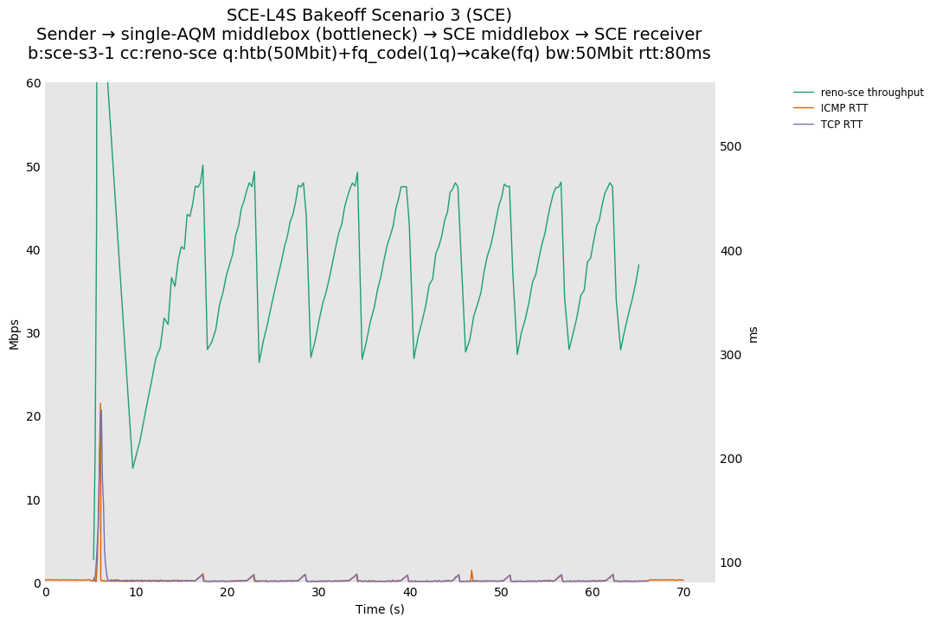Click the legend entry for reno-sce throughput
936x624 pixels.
tap(872, 93)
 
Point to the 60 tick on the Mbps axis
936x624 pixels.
tap(34, 83)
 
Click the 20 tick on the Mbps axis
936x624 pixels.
tap(34, 416)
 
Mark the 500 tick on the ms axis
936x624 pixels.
tap(732, 146)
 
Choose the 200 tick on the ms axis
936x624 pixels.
tap(732, 459)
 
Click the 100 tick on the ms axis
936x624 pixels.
tap(732, 563)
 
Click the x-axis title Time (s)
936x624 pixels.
tap(380, 609)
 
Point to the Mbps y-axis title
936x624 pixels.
tap(14, 333)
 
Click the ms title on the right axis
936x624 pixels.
tap(753, 333)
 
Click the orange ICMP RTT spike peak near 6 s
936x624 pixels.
tap(100, 403)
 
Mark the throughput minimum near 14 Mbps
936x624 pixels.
tap(133, 468)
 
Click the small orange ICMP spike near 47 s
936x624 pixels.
tap(471, 570)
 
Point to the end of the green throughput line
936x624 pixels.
tap(639, 265)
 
